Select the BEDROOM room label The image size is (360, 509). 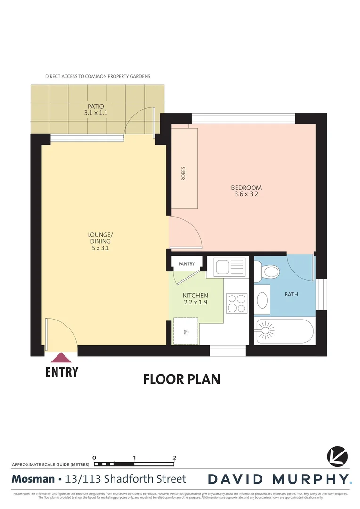(x=246, y=188)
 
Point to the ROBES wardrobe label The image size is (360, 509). (x=183, y=174)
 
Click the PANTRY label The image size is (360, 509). (x=187, y=264)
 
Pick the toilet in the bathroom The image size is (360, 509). (x=269, y=271)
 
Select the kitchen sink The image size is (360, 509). (x=230, y=267)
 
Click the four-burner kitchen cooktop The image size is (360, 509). (x=237, y=303)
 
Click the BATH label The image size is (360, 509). (x=291, y=295)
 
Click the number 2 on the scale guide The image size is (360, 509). (x=175, y=457)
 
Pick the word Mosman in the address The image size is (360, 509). (x=33, y=479)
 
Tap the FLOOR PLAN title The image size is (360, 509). (x=181, y=379)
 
